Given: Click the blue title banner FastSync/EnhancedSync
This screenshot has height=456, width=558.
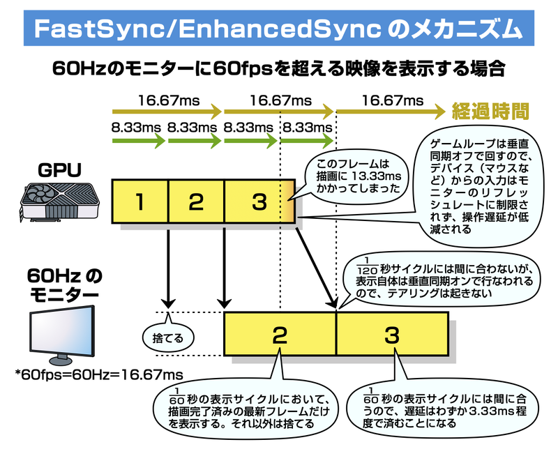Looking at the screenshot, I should click(x=279, y=29).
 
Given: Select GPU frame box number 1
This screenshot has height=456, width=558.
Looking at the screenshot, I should click(x=139, y=202).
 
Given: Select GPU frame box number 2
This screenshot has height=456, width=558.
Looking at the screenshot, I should click(x=196, y=202).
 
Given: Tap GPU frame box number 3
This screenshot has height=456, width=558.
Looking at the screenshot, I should click(x=259, y=202).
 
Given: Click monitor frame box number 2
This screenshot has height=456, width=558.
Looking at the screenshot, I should click(x=279, y=336).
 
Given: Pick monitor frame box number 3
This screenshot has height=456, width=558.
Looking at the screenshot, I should click(x=391, y=336).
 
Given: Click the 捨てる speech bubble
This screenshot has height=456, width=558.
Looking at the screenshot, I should click(x=167, y=338).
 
